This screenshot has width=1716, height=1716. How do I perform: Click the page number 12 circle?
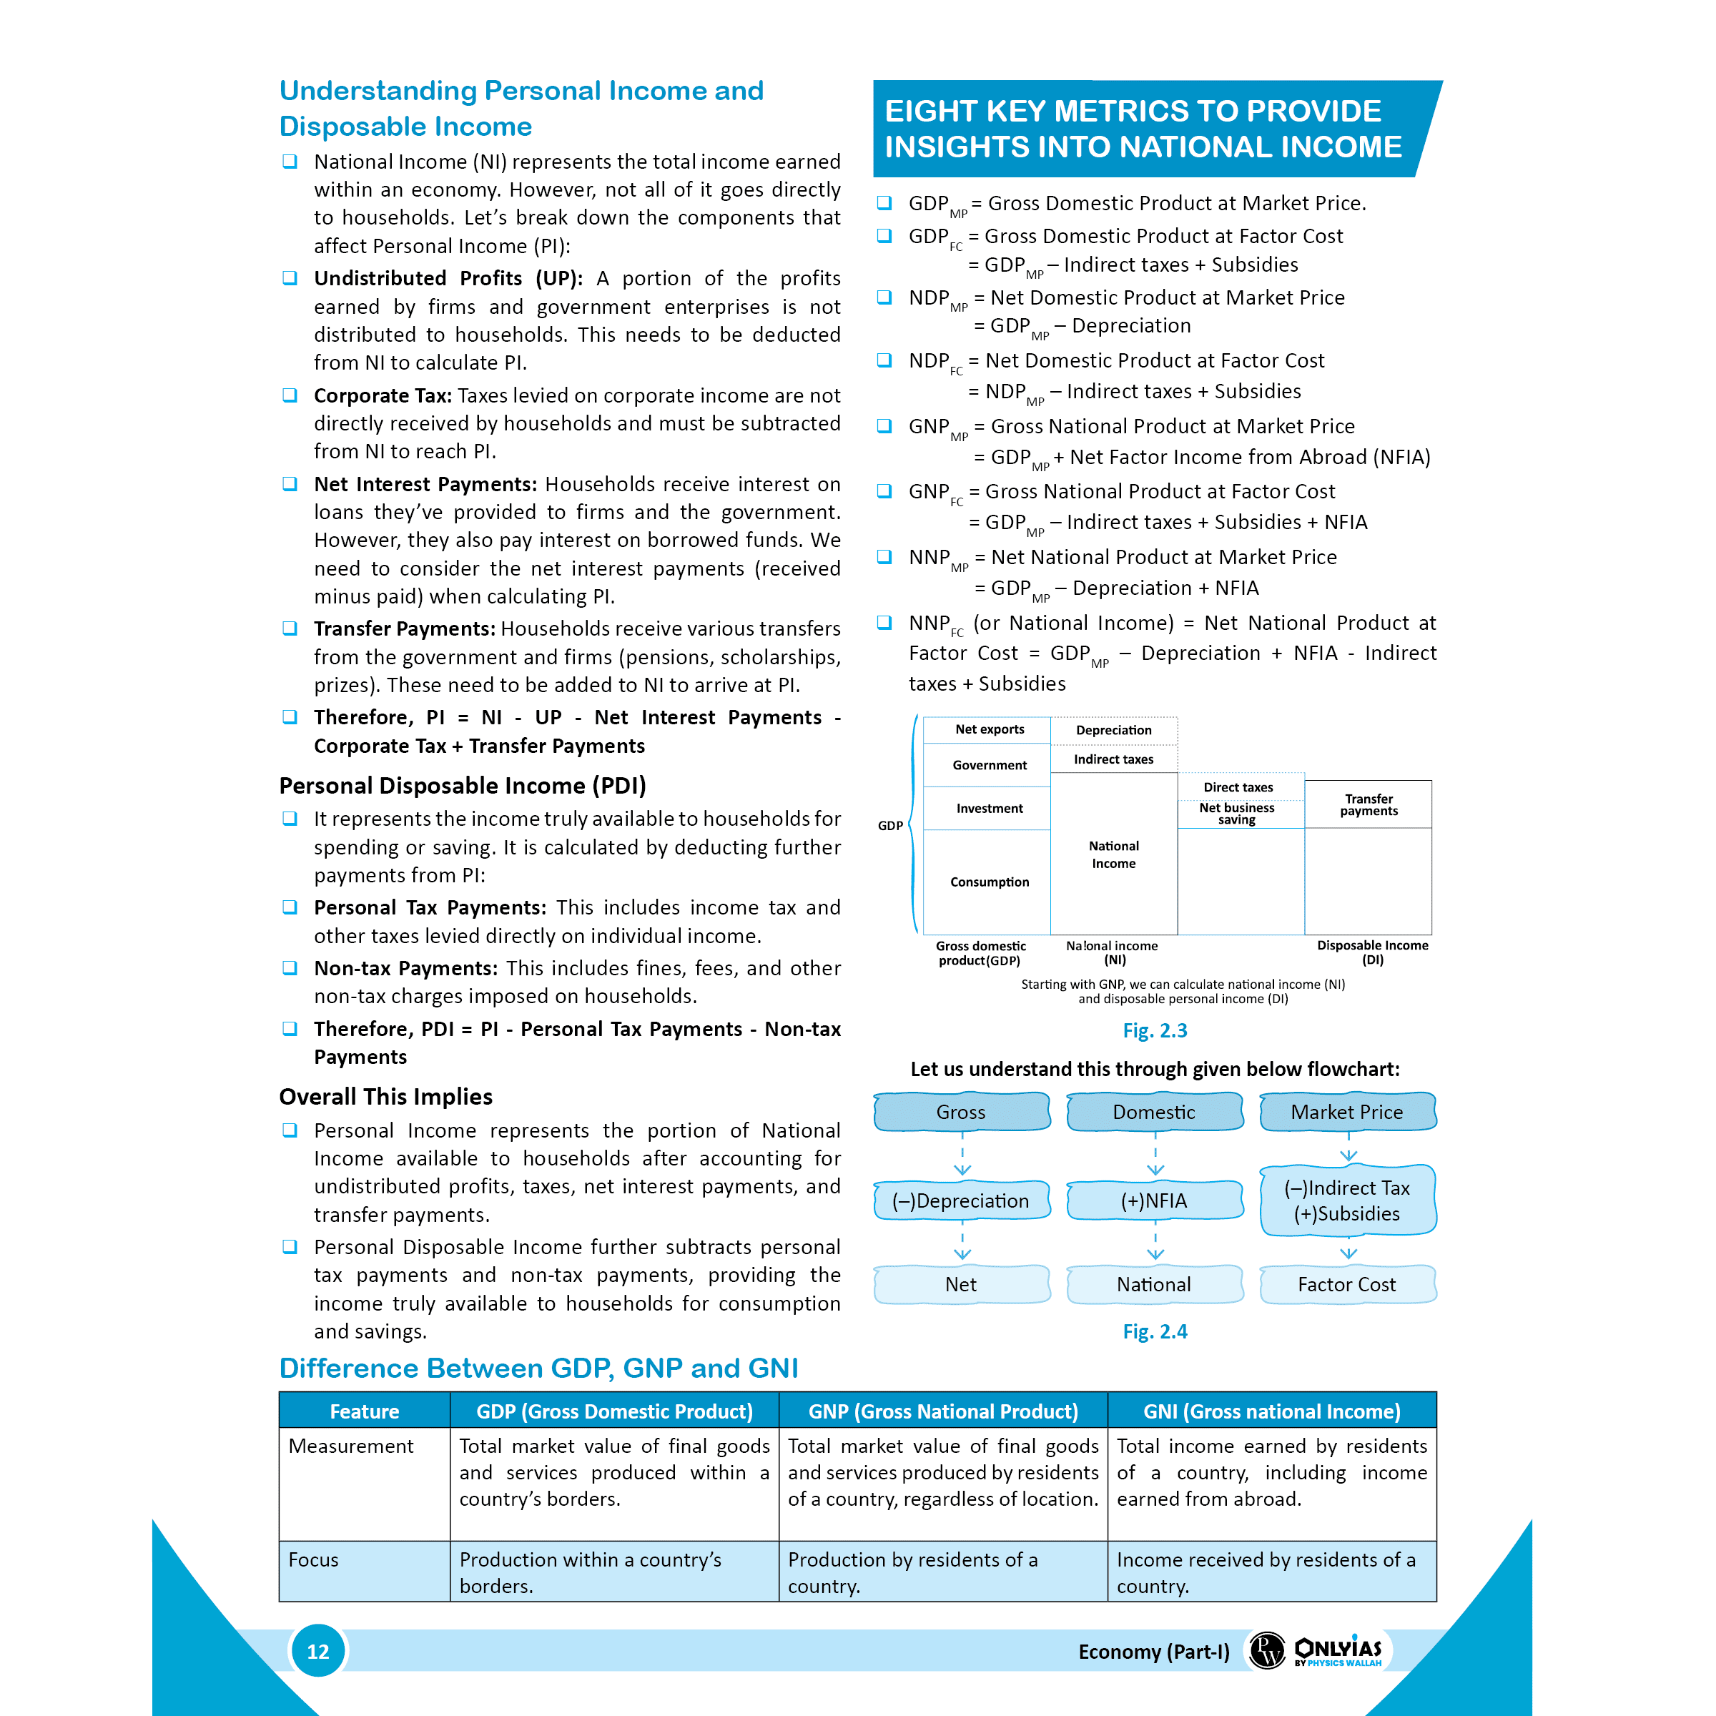[x=318, y=1650]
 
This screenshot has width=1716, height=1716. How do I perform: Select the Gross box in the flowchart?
[x=961, y=1112]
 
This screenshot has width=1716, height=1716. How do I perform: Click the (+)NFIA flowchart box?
[x=1154, y=1201]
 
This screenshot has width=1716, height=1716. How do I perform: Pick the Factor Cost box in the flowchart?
[x=1346, y=1284]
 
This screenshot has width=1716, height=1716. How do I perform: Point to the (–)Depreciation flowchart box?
[x=961, y=1201]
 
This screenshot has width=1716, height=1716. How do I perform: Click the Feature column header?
[x=364, y=1411]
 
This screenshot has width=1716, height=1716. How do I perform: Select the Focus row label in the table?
[x=314, y=1559]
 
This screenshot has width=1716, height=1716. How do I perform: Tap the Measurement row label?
[x=351, y=1446]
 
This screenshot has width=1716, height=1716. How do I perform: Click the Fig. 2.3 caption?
[x=1155, y=1030]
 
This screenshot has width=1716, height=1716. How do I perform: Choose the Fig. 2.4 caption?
[x=1155, y=1331]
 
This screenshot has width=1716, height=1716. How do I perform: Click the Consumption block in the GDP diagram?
[x=990, y=882]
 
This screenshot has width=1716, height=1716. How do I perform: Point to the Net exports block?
[x=990, y=729]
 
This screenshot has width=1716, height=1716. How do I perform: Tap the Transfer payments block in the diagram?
[x=1369, y=804]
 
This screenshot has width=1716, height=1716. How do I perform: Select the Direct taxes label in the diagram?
[x=1238, y=787]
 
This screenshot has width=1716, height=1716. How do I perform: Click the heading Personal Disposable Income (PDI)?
[x=462, y=786]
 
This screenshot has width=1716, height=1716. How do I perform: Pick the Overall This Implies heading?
[x=385, y=1097]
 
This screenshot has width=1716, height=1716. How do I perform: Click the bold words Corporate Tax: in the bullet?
[x=383, y=395]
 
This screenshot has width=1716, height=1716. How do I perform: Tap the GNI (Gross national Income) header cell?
[x=1271, y=1411]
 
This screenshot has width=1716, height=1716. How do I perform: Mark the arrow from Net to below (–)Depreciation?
[x=962, y=1243]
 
